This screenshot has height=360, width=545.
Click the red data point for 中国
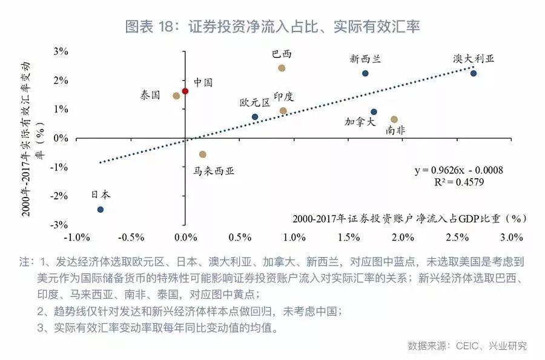coord(185,91)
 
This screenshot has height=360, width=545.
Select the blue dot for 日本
coord(101,210)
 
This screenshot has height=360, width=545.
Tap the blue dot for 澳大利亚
coord(474,73)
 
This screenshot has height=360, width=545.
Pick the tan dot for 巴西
coord(282,68)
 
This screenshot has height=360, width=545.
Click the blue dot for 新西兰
coord(365,73)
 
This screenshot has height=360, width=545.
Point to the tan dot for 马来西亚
coord(203,155)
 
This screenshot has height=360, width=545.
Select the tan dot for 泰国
coord(176,96)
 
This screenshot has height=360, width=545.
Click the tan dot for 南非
coord(394,119)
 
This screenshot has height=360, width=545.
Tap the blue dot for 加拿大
coord(374,112)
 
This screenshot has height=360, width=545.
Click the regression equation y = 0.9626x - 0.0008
coord(458,170)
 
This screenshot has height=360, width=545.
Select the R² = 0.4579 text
coord(458,182)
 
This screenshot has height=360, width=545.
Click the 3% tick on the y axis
coord(60,52)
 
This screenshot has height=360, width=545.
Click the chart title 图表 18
coord(272,27)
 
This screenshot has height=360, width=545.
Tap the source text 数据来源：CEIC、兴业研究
coord(467,346)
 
